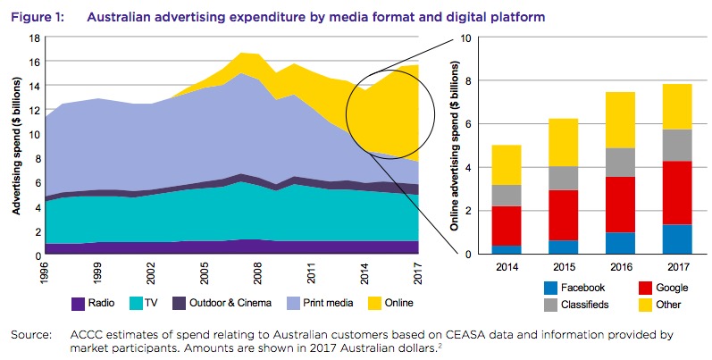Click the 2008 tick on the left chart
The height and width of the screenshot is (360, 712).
255,270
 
